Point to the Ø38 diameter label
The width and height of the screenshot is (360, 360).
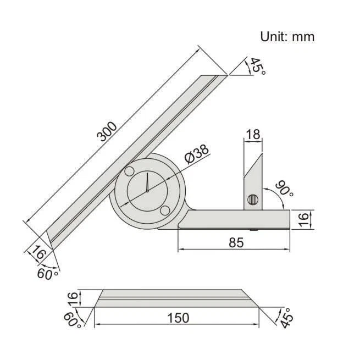tap(197, 156)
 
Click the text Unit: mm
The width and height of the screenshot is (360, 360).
tap(287, 37)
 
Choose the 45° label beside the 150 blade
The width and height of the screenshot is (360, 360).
tap(286, 316)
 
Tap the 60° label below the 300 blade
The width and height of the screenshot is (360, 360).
tap(47, 273)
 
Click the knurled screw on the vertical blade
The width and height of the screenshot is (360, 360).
tap(253, 201)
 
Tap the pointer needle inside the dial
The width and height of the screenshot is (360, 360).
tap(148, 184)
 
